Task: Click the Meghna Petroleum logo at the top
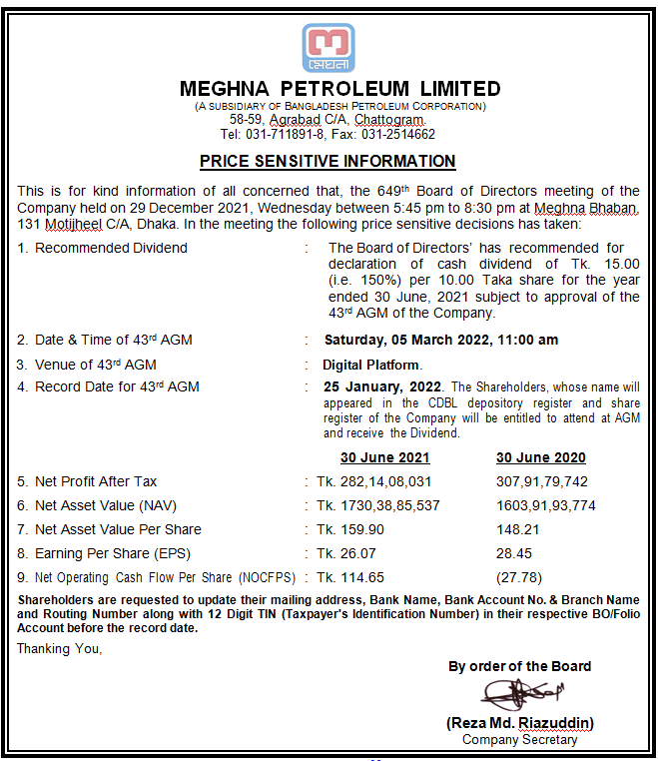328,47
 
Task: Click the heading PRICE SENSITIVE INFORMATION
328,161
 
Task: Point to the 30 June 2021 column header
384,457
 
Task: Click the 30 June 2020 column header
540,457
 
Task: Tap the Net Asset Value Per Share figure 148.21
517,529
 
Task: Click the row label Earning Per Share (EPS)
112,553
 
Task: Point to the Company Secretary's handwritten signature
519,694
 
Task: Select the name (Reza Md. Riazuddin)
519,722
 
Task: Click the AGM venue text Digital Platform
371,365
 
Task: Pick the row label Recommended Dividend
111,248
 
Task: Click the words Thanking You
61,648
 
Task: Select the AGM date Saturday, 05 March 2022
406,340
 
